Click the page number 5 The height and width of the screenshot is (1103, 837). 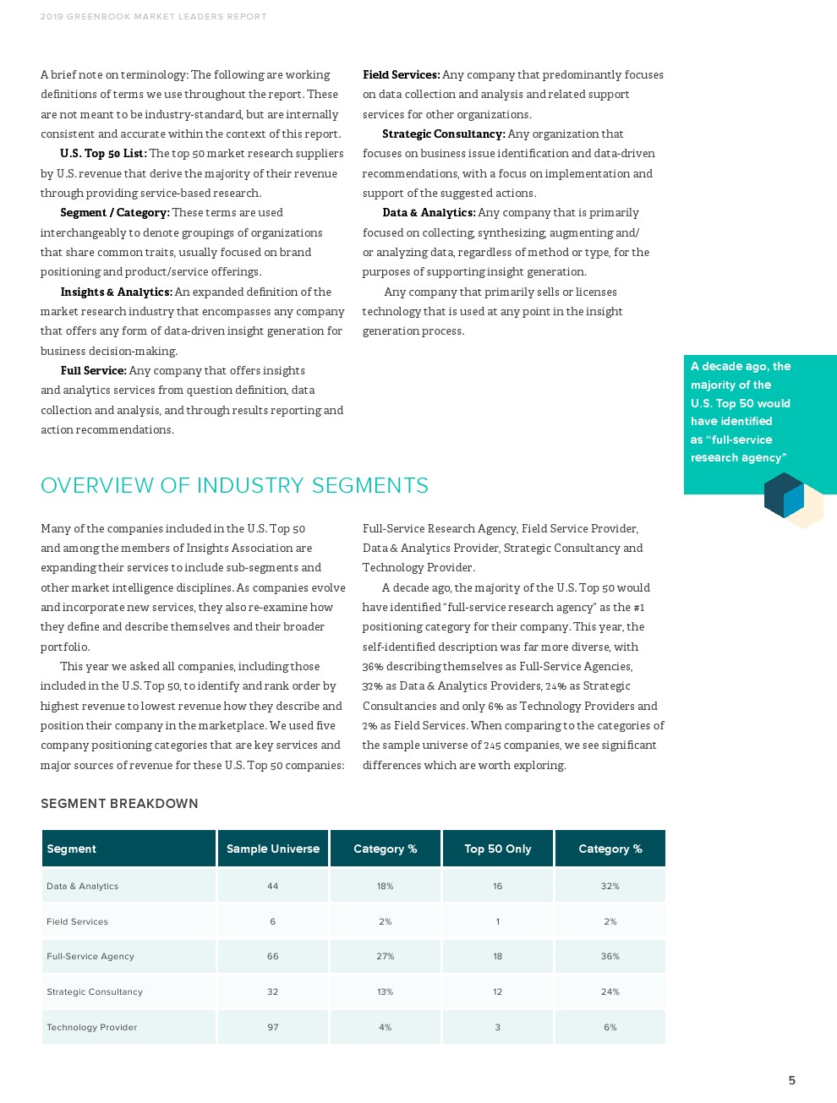tap(791, 1080)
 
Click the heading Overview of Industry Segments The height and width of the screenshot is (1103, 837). tap(234, 485)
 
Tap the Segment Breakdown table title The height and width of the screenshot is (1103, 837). tap(119, 804)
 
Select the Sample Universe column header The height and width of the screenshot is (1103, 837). tap(272, 849)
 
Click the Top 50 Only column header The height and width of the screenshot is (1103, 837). tap(497, 849)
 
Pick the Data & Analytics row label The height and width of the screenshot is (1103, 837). tap(82, 886)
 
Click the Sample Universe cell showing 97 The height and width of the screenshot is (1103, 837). tap(272, 1027)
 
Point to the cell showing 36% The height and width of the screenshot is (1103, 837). tap(610, 956)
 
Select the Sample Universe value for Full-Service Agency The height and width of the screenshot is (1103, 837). tap(272, 956)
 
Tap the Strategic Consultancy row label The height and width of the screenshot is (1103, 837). tap(94, 991)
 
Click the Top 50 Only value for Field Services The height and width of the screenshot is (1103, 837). tap(497, 921)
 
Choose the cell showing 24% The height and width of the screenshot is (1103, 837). tap(610, 991)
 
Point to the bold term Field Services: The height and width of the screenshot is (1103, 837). tap(401, 74)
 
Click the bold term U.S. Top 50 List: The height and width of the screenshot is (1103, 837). tap(103, 153)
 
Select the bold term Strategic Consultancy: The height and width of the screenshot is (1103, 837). tap(443, 134)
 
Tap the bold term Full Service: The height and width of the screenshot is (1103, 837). tap(93, 370)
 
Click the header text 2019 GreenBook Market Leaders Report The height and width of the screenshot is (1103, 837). tap(153, 16)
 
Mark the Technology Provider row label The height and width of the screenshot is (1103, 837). tap(91, 1027)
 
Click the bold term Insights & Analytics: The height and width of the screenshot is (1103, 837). tap(116, 292)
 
